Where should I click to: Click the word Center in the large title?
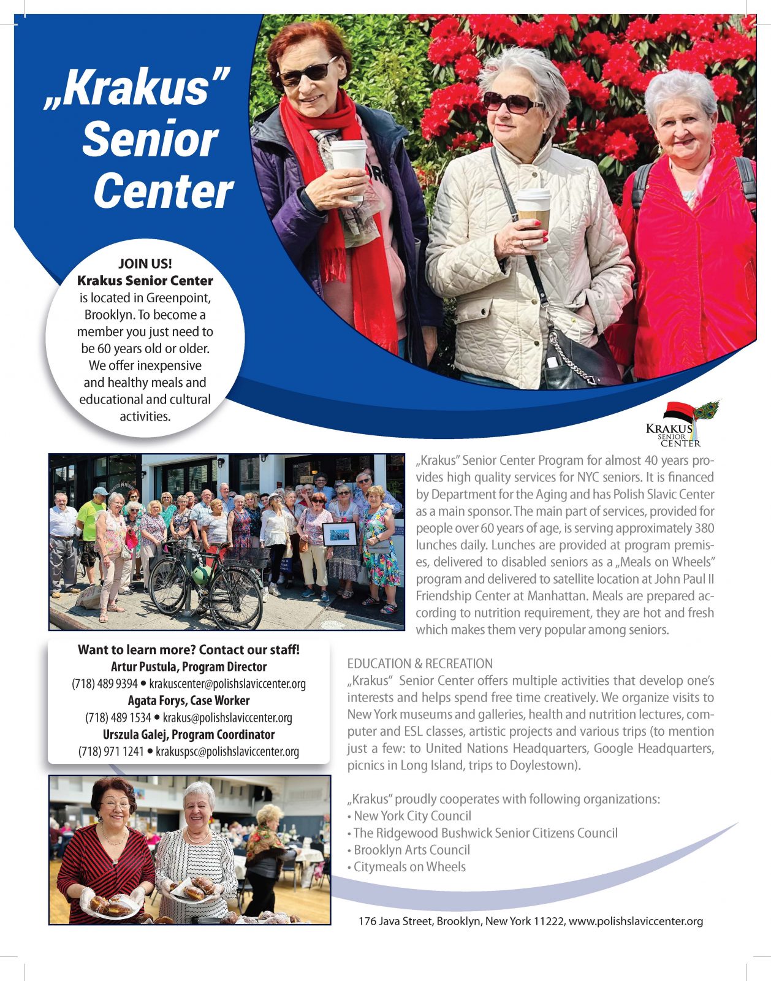pyautogui.click(x=163, y=191)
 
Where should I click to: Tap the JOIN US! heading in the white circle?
pyautogui.click(x=145, y=264)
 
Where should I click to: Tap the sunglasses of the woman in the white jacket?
pyautogui.click(x=511, y=102)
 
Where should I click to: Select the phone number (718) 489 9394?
pyautogui.click(x=104, y=684)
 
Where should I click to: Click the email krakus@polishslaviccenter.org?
pyautogui.click(x=227, y=717)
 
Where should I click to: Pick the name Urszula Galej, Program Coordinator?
pyautogui.click(x=189, y=735)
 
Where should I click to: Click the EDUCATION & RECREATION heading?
pyautogui.click(x=420, y=663)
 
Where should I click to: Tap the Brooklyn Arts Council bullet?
pyautogui.click(x=411, y=850)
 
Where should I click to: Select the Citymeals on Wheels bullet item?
pyautogui.click(x=409, y=867)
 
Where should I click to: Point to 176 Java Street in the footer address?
pyautogui.click(x=395, y=921)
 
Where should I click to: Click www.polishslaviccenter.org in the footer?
pyautogui.click(x=636, y=921)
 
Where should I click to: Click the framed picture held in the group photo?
pyautogui.click(x=339, y=535)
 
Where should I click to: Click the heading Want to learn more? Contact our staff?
pyautogui.click(x=189, y=650)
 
